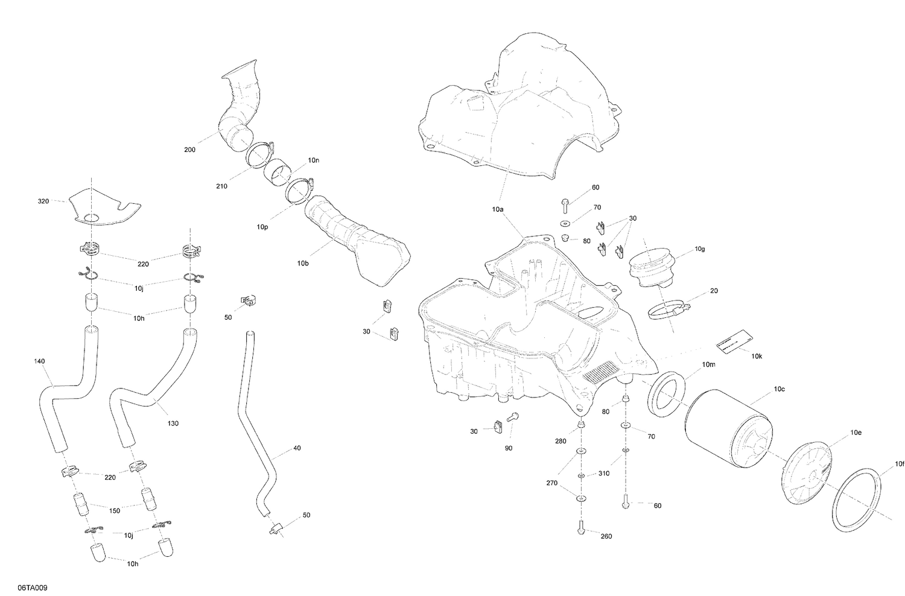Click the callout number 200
pyautogui.click(x=189, y=149)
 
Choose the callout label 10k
pyautogui.click(x=757, y=356)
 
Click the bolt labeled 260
pyautogui.click(x=580, y=528)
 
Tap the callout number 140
pyautogui.click(x=40, y=361)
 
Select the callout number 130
pyautogui.click(x=173, y=423)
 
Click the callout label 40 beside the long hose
pyautogui.click(x=296, y=448)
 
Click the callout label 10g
pyautogui.click(x=700, y=249)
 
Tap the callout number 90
pyautogui.click(x=509, y=448)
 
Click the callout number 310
pyautogui.click(x=604, y=474)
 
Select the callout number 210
pyautogui.click(x=221, y=186)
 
